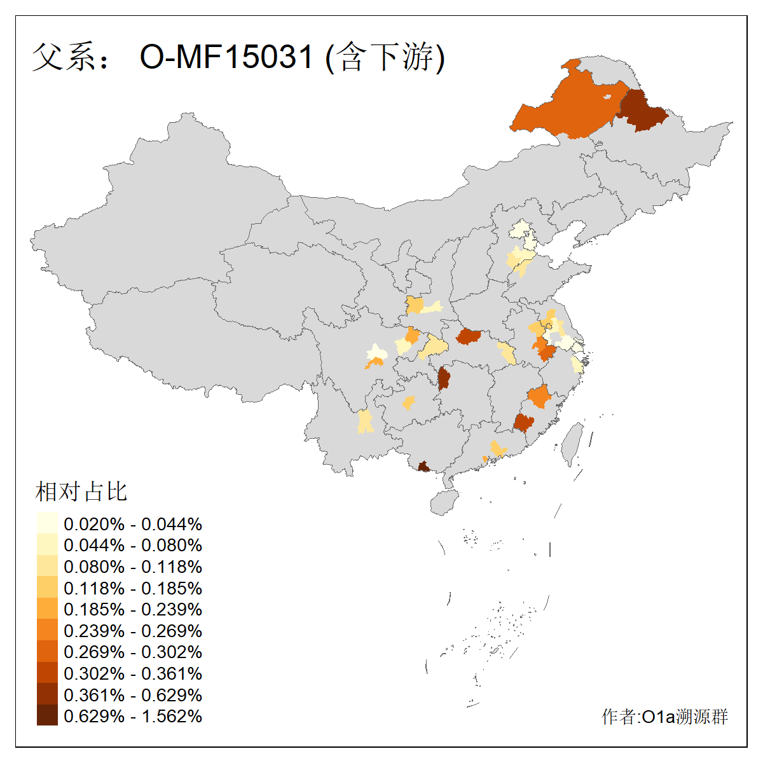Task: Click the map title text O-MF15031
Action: (x=226, y=57)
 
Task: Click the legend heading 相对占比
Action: (x=81, y=491)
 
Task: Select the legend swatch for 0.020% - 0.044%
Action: (x=47, y=523)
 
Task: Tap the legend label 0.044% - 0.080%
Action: (x=133, y=546)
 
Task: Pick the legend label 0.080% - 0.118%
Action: (x=133, y=567)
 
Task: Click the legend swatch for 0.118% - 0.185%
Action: (x=47, y=588)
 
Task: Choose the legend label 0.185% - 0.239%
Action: (x=133, y=610)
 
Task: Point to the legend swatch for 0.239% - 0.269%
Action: (x=47, y=631)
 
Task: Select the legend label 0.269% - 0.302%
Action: (x=133, y=652)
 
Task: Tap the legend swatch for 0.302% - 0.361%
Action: (x=47, y=673)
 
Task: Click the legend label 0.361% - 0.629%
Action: (x=133, y=695)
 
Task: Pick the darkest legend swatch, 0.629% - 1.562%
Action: (x=47, y=716)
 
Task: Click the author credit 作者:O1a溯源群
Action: (x=664, y=717)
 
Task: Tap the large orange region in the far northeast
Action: (x=566, y=108)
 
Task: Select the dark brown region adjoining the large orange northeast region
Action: (x=642, y=112)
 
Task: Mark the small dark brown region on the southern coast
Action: (x=423, y=467)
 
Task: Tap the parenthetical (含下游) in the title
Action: (x=385, y=57)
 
